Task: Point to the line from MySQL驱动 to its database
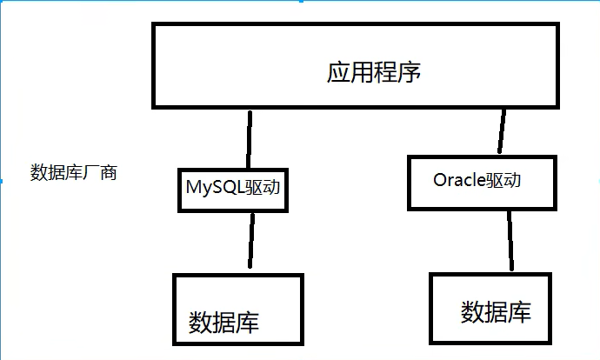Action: click(252, 240)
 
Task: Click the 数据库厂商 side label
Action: click(74, 172)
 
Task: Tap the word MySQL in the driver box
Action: click(214, 186)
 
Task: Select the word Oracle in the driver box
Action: click(460, 181)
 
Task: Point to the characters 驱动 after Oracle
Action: click(509, 181)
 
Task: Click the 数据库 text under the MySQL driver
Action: click(224, 322)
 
